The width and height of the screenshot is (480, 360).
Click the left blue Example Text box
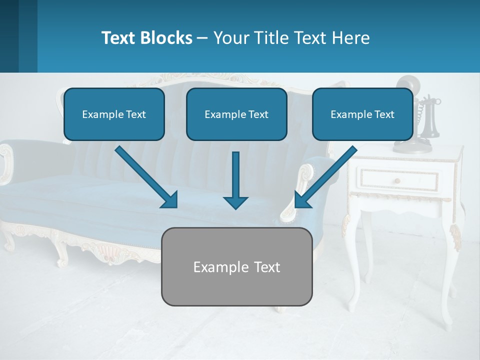point(114,114)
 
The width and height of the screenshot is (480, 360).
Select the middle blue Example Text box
point(236,114)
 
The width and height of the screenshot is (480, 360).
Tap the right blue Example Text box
point(362,114)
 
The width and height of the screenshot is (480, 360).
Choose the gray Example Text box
point(236,266)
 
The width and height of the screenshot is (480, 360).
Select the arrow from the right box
point(325,177)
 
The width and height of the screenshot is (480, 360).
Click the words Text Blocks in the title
point(146,38)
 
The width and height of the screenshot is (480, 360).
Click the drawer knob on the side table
point(396,180)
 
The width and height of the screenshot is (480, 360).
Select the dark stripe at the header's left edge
point(9,36)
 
